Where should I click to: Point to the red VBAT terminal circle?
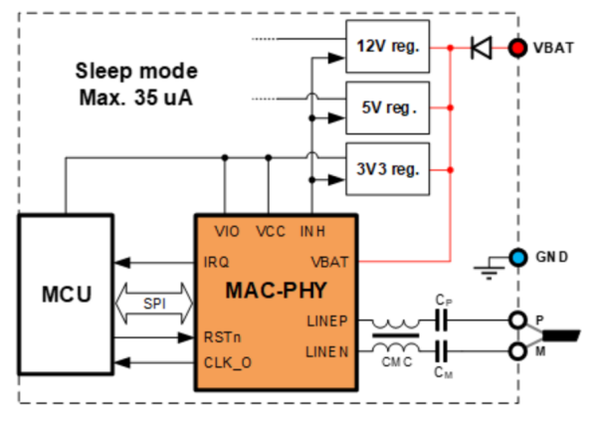(517, 48)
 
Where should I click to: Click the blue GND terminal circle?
(518, 257)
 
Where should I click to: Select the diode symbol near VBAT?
(482, 48)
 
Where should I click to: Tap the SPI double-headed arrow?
(154, 304)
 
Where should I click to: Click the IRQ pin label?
(216, 262)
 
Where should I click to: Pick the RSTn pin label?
(222, 337)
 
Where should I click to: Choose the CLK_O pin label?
(228, 362)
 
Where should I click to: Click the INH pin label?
(312, 231)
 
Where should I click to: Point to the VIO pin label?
(227, 231)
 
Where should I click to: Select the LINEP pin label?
(327, 321)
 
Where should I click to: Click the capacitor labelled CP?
(441, 319)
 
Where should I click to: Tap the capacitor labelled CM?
(441, 351)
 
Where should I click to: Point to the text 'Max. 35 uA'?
(136, 98)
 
